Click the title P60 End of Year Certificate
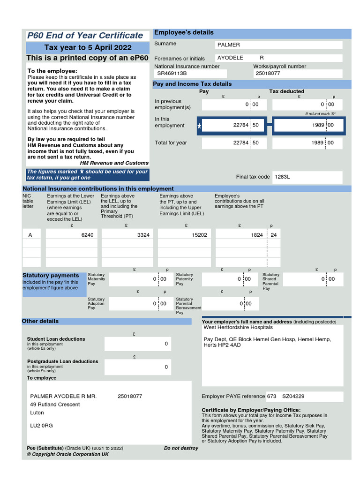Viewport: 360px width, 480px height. [85, 36]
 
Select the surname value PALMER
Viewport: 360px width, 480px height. [229, 45]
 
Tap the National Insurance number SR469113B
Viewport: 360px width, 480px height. [172, 74]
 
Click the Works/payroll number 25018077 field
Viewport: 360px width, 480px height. [268, 74]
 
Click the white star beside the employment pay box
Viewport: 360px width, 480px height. [200, 126]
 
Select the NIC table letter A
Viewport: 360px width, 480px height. [30, 235]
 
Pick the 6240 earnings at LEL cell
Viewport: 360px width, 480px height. [87, 235]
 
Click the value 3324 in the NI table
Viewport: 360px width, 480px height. [143, 235]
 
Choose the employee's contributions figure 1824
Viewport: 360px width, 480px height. [257, 235]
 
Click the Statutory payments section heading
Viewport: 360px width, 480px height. [51, 276]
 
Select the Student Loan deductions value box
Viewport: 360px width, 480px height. [138, 344]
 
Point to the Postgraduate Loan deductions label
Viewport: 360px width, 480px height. [62, 361]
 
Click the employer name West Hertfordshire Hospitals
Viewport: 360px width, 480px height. [238, 328]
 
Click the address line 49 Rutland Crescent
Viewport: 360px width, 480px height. [55, 405]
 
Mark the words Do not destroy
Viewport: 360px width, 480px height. [181, 448]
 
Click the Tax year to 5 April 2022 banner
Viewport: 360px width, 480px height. [88, 48]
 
